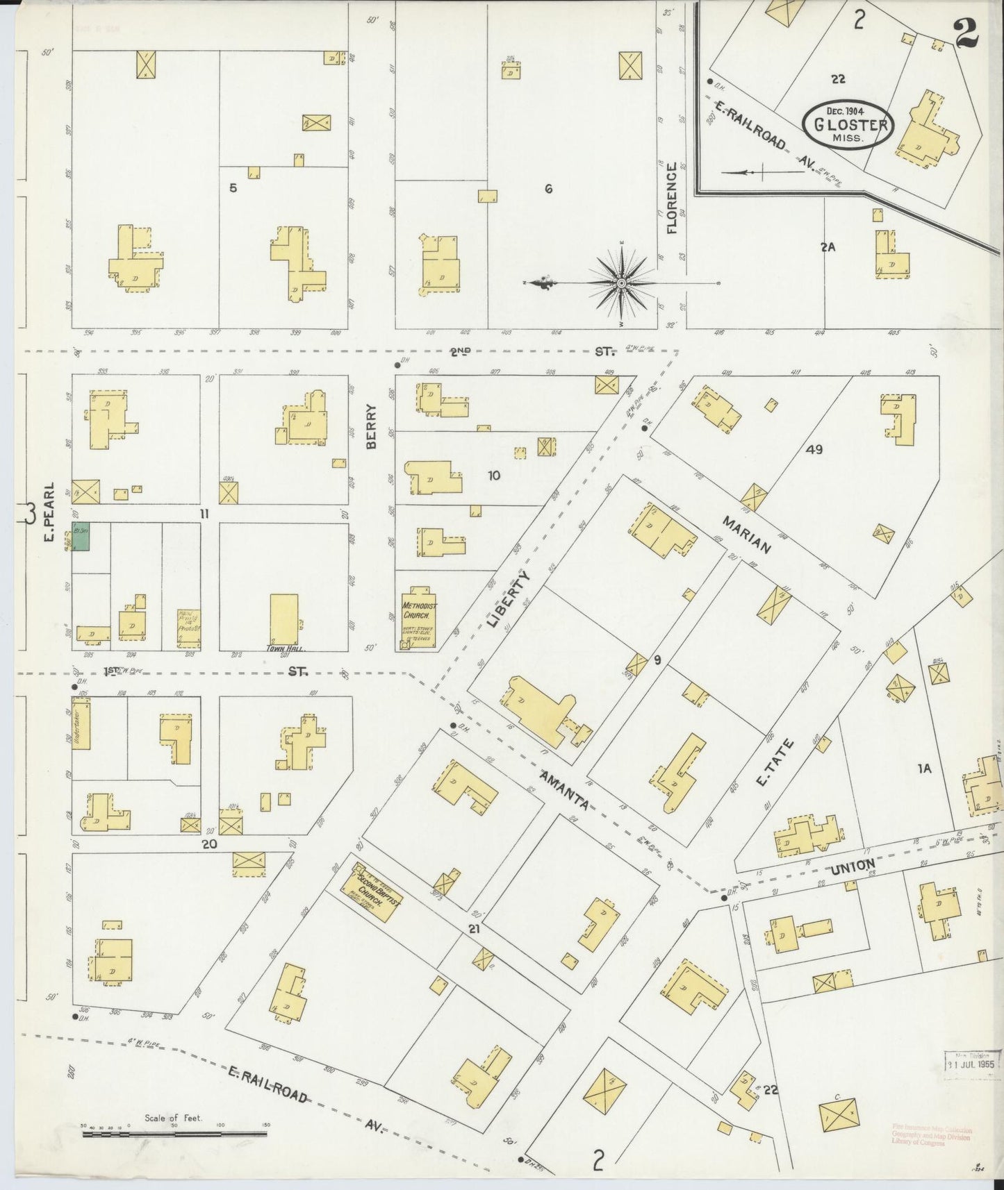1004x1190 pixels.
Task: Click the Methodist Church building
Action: [x=419, y=615]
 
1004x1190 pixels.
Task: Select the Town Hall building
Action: [x=283, y=619]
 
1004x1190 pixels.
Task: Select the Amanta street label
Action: [x=564, y=789]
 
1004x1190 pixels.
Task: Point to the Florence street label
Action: [x=671, y=198]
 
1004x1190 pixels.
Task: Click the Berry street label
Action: [x=371, y=427]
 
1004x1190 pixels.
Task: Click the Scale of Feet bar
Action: [x=174, y=1134]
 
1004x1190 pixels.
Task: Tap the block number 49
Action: [x=814, y=449]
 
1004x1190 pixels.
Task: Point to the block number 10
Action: [x=494, y=476]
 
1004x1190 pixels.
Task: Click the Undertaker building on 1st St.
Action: [x=81, y=728]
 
